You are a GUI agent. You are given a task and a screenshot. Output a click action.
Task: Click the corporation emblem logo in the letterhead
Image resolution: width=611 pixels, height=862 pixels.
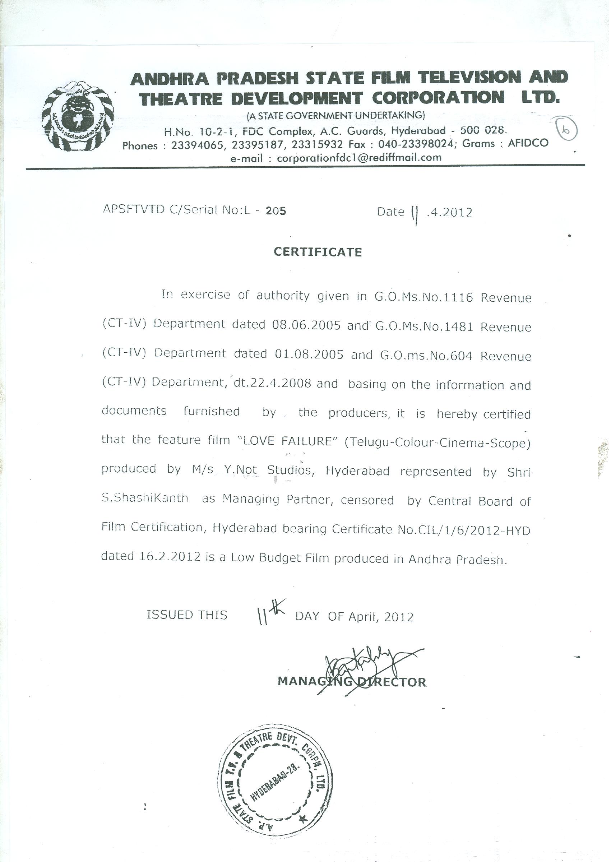click(x=78, y=117)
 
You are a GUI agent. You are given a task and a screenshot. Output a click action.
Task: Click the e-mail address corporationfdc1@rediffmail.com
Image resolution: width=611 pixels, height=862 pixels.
click(x=359, y=158)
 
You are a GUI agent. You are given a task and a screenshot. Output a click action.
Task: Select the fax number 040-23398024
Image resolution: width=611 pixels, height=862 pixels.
click(x=415, y=144)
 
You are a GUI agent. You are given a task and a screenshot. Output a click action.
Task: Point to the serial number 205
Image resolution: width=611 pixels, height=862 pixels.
click(x=276, y=211)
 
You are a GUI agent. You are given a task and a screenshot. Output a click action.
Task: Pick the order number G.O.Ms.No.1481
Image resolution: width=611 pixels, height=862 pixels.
click(x=424, y=326)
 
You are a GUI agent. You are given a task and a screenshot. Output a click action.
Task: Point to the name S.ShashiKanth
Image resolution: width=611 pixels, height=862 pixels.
click(x=145, y=498)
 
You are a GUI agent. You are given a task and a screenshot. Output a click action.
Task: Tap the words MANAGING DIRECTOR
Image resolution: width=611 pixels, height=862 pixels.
click(x=352, y=682)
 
